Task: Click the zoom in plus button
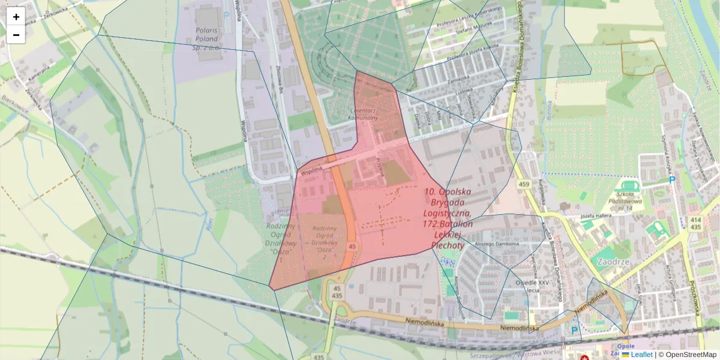pos(16,17)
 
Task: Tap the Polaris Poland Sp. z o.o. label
pos(211,38)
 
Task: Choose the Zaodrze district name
pos(614,262)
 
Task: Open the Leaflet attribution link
pos(641,355)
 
